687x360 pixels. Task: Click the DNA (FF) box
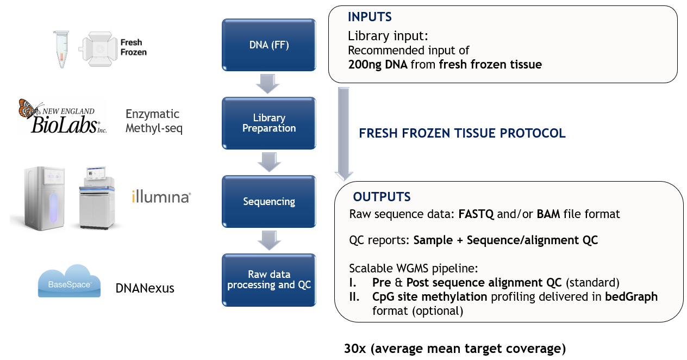269,45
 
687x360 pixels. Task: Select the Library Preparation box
269,123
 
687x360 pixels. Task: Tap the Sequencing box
269,201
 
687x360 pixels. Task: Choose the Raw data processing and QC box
269,280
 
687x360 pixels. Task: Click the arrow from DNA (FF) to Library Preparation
268,84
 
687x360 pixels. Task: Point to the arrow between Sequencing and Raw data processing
269,240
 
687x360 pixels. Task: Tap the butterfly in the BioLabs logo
29,109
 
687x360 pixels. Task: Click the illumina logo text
161,197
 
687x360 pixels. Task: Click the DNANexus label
145,288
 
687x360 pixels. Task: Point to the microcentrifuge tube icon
61,49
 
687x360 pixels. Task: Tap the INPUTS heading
370,17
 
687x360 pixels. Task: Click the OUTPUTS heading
382,197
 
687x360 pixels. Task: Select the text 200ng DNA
378,65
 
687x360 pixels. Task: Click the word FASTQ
476,214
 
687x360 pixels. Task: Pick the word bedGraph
631,297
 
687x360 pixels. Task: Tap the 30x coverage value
355,349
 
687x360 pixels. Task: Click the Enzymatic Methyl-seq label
154,121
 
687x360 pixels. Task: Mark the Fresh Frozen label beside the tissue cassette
133,47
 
